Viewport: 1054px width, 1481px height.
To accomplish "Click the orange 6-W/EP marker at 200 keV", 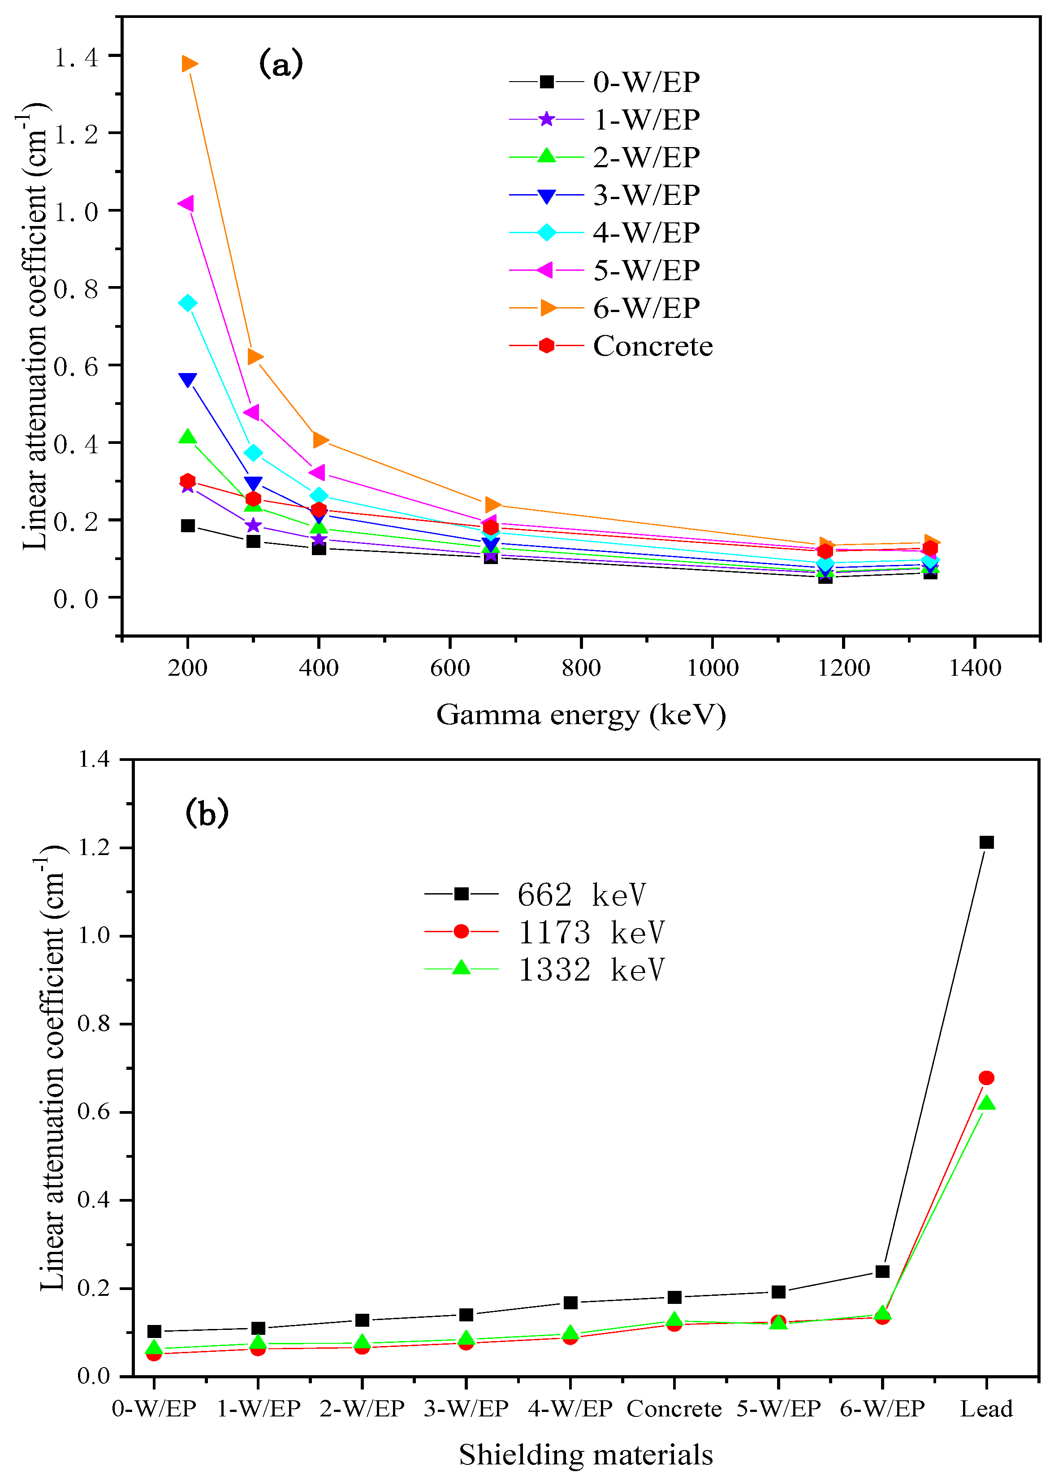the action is point(189,64).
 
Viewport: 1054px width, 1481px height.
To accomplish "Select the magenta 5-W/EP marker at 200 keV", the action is point(186,204).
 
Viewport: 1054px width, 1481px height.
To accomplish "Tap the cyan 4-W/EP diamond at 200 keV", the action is point(188,303).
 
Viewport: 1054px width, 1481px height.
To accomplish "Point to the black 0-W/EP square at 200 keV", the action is point(188,525).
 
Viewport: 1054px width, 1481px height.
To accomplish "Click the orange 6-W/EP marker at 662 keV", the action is point(492,504).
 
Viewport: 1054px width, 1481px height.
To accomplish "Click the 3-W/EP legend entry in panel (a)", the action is point(646,195).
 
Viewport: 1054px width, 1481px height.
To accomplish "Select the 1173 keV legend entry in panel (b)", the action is point(591,932).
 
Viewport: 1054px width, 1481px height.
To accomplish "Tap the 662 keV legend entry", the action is point(581,895).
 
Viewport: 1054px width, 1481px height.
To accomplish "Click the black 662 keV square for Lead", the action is point(986,842).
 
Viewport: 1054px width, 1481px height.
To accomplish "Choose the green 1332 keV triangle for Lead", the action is point(986,1103).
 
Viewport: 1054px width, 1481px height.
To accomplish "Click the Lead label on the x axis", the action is point(986,1409).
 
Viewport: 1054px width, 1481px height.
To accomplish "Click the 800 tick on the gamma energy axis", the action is point(581,668).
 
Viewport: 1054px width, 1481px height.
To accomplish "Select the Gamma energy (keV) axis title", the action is point(581,715).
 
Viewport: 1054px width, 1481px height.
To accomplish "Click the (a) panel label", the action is point(281,64).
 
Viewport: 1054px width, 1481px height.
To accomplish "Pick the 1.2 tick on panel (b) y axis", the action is point(94,847).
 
